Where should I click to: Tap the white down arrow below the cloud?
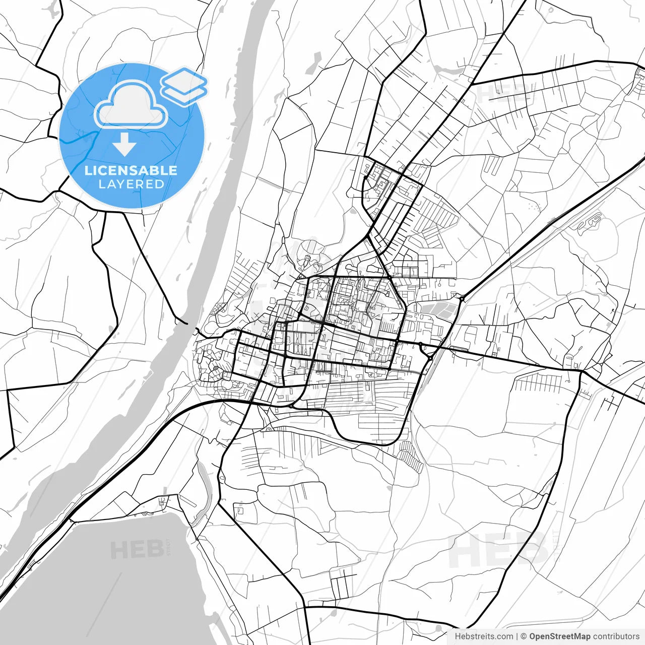tap(124, 145)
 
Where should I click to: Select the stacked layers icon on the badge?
tap(184, 86)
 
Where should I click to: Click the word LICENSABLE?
tap(131, 170)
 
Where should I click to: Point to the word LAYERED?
tap(131, 184)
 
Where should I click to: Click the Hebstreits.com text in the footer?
tap(484, 636)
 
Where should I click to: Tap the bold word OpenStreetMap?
tap(559, 636)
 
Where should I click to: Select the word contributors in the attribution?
tap(616, 636)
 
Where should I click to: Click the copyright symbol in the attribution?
tap(524, 636)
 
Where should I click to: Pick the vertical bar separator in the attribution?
tap(517, 636)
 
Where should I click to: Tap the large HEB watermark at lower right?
tap(499, 549)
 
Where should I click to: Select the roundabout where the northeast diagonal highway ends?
tap(462, 299)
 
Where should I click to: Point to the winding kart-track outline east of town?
tap(590, 222)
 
